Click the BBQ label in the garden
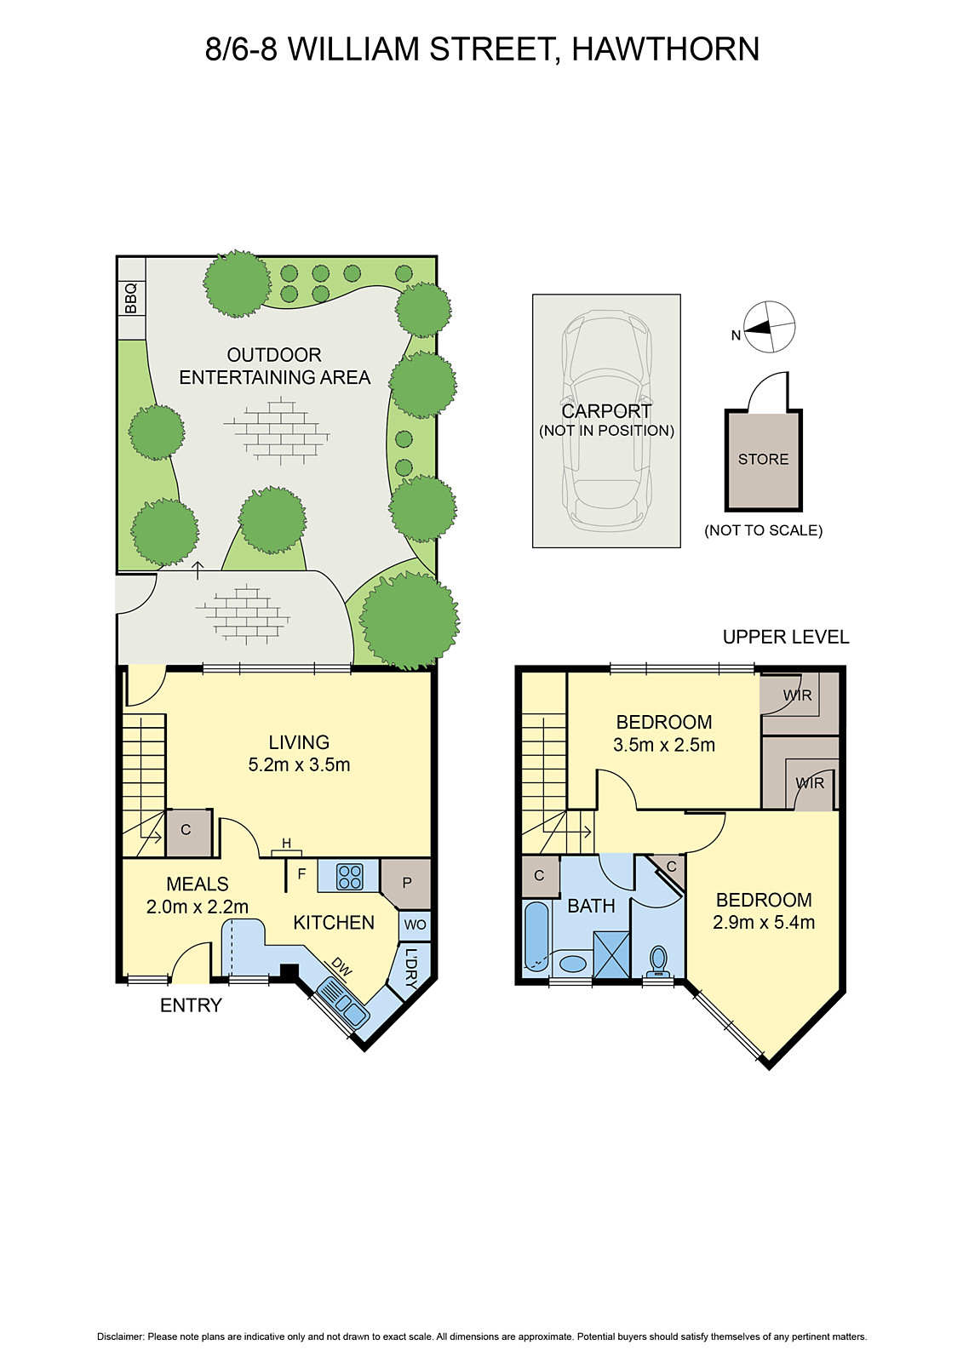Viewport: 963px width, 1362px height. [x=131, y=298]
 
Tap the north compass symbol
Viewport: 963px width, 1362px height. [x=769, y=327]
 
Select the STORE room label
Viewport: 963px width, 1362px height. [x=763, y=460]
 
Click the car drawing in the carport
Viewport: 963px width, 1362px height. [x=606, y=421]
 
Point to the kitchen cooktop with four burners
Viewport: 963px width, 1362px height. [x=350, y=876]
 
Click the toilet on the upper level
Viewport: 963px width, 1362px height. [x=657, y=961]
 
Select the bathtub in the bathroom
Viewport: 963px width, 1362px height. [x=536, y=936]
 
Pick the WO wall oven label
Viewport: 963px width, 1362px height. [x=415, y=924]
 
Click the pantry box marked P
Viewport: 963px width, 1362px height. [x=406, y=883]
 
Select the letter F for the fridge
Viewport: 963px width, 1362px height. [x=301, y=873]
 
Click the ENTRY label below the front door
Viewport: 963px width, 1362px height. [x=191, y=1005]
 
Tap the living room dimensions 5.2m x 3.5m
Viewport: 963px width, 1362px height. [x=299, y=764]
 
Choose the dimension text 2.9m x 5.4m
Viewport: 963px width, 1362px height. [x=764, y=922]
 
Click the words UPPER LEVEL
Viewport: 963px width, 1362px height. [x=785, y=637]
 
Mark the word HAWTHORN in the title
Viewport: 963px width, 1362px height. [x=665, y=49]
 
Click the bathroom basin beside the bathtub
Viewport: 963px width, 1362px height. [x=573, y=964]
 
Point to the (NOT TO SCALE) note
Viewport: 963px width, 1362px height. [x=763, y=530]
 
